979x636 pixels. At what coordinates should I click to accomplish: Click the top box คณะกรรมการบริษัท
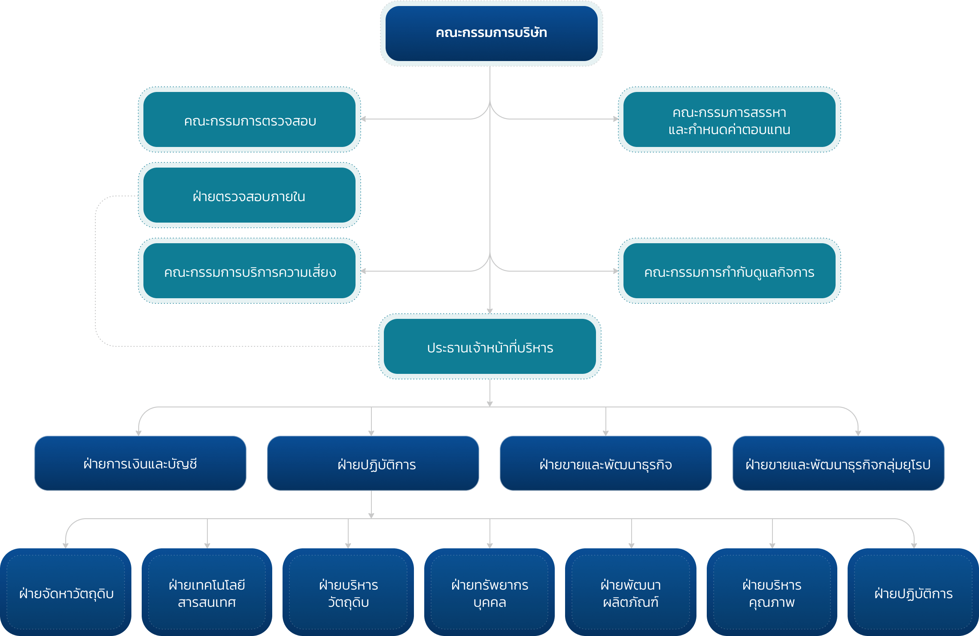[x=491, y=33]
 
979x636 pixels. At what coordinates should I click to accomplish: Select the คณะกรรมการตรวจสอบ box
[x=249, y=120]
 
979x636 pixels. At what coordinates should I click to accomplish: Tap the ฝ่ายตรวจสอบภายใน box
[x=249, y=196]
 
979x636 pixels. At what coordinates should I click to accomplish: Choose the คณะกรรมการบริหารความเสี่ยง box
[x=249, y=271]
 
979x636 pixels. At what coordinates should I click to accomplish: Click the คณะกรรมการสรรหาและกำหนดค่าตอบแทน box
[x=729, y=120]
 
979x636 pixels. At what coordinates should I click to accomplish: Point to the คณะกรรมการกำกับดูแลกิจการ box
[x=729, y=271]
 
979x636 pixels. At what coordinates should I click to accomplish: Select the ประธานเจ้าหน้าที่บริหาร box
[x=490, y=347]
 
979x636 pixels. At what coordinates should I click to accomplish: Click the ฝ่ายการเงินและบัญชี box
[x=140, y=463]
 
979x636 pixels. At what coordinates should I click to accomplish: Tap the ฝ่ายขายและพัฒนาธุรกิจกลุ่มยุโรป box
[x=838, y=463]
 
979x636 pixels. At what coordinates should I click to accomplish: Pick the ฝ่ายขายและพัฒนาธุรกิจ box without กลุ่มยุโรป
[x=605, y=463]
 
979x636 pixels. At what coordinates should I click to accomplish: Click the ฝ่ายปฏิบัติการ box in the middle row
[x=373, y=463]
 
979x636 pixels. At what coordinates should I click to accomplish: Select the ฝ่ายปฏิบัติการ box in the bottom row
[x=913, y=592]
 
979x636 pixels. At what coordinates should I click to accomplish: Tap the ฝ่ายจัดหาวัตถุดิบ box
[x=66, y=592]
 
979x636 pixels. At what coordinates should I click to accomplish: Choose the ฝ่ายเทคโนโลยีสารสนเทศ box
[x=207, y=592]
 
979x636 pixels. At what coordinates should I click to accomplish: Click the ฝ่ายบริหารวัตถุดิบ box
[x=348, y=592]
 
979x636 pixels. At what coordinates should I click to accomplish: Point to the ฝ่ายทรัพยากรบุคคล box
[x=489, y=592]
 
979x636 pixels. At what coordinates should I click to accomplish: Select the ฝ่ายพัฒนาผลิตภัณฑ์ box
[x=631, y=592]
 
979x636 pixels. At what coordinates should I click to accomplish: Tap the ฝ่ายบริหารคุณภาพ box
[x=772, y=592]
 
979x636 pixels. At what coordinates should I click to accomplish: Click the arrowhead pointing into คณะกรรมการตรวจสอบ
[x=363, y=119]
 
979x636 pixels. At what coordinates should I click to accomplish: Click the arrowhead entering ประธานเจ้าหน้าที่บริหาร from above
[x=490, y=311]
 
